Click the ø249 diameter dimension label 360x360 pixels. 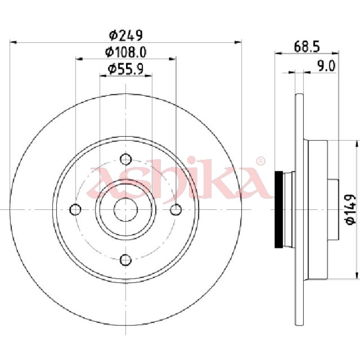pos(126,35)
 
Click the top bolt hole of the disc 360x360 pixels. pos(126,159)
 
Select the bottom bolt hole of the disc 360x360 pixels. pos(126,260)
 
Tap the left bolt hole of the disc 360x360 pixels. pos(76,209)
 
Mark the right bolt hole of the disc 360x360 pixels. pos(176,209)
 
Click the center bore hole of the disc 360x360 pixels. pos(126,209)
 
